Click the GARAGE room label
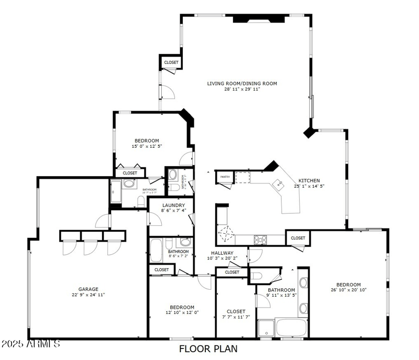click(x=89, y=289)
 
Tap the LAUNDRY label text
click(x=173, y=205)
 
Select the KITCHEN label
click(x=309, y=180)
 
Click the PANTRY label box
click(x=225, y=177)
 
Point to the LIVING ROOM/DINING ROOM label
click(x=241, y=83)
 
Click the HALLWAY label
click(x=222, y=253)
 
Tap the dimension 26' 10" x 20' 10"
click(x=348, y=290)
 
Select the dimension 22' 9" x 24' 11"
click(x=89, y=294)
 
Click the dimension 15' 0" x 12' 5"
click(x=147, y=146)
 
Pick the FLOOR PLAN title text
click(x=208, y=348)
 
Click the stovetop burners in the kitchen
click(x=260, y=239)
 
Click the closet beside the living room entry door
click(x=171, y=62)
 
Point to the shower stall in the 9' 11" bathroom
click(x=266, y=328)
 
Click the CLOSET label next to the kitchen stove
click(x=298, y=238)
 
